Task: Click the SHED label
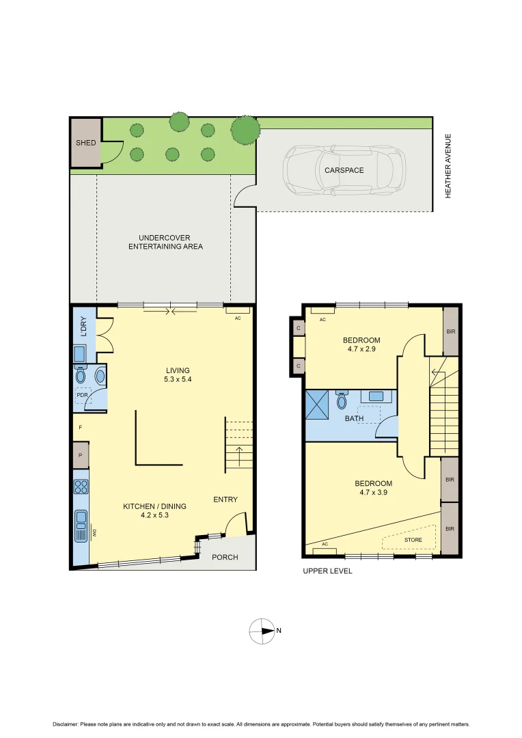click(x=85, y=143)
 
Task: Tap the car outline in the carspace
click(x=345, y=169)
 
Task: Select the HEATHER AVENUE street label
click(x=449, y=165)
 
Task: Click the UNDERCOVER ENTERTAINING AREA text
click(x=165, y=242)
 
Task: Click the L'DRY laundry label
click(x=84, y=327)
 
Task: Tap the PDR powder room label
click(x=82, y=395)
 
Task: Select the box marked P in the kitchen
click(x=81, y=455)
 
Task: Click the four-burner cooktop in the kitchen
click(x=81, y=487)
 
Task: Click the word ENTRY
click(x=225, y=500)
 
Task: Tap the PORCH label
click(x=225, y=557)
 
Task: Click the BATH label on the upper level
click(x=354, y=418)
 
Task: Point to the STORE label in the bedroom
click(x=413, y=540)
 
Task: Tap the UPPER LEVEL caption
click(x=328, y=571)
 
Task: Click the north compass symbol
click(x=262, y=631)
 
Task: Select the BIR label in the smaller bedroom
click(x=450, y=331)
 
